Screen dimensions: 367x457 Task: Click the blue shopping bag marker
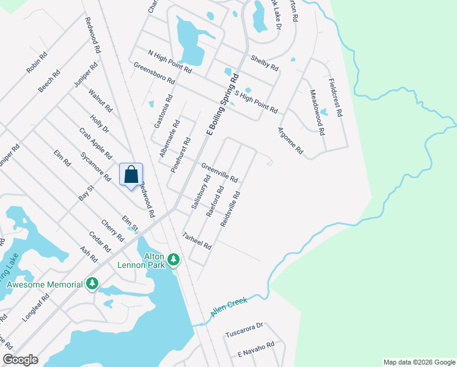pos(131,175)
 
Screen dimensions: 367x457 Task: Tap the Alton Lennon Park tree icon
pos(174,260)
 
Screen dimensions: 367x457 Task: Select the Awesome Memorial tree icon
pos(92,284)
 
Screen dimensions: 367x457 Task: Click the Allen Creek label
pos(229,306)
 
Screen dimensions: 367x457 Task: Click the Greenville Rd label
pos(219,172)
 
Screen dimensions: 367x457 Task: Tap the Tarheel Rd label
pos(197,240)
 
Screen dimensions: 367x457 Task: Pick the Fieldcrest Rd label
pos(335,97)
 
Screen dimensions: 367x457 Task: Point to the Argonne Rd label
pos(290,140)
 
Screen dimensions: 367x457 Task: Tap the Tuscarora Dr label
pos(243,333)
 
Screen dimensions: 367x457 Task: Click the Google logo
pos(20,360)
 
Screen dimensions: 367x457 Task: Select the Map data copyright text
pos(419,362)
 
